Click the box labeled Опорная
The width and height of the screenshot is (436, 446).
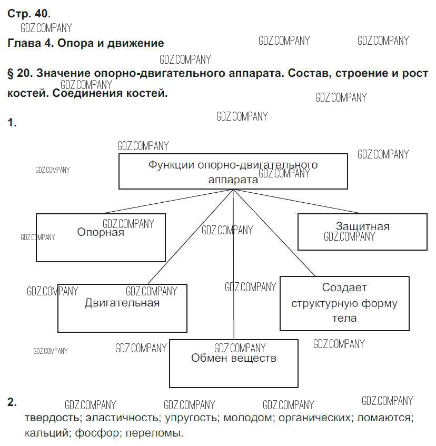point(101,237)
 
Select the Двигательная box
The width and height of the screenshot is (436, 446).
point(122,308)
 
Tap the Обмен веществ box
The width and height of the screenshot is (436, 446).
point(234,363)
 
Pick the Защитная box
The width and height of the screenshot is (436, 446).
point(362,232)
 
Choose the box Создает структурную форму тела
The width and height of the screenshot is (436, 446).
point(344,303)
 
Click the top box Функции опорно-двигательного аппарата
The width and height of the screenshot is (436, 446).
point(233,171)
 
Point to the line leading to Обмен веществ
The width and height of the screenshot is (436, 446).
point(233,263)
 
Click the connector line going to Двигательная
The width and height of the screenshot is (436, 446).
point(190,237)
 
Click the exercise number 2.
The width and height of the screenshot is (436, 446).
point(12,403)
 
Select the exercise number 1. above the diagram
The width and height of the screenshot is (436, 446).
point(12,123)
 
